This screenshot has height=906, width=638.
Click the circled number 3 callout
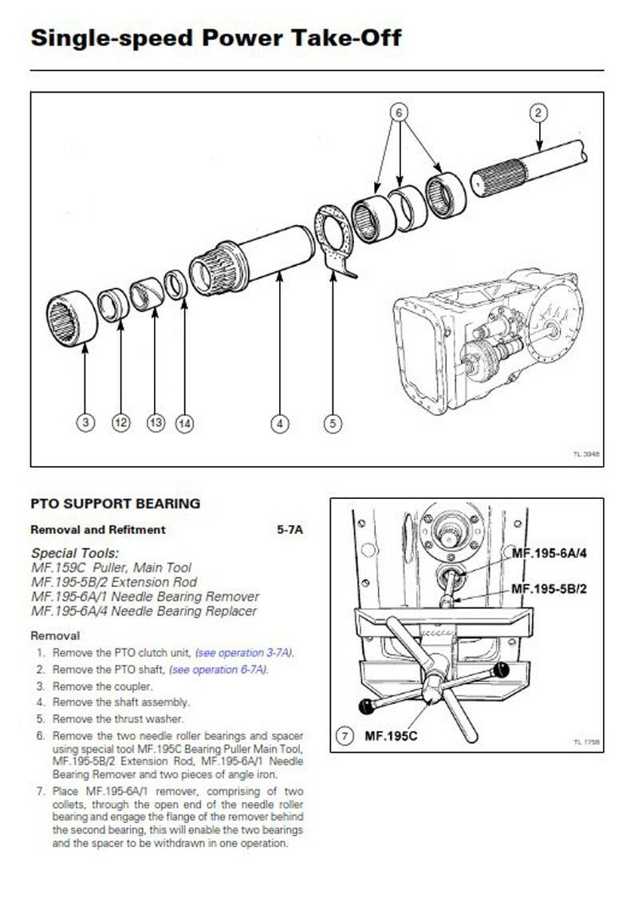[85, 423]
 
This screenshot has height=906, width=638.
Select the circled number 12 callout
[120, 423]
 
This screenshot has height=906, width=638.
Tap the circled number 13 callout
[156, 423]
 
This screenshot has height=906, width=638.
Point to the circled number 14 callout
[184, 423]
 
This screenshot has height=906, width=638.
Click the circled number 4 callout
[279, 423]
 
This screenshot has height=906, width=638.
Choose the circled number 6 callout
[398, 113]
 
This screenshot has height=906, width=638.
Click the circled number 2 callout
[538, 113]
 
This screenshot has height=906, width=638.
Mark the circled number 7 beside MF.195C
[344, 736]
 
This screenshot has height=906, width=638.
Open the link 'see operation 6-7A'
[219, 669]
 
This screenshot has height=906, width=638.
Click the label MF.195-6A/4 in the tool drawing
[549, 552]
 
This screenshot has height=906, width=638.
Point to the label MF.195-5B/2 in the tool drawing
[549, 589]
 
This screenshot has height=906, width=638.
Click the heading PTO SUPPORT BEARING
[115, 504]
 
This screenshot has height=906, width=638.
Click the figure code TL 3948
[585, 453]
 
